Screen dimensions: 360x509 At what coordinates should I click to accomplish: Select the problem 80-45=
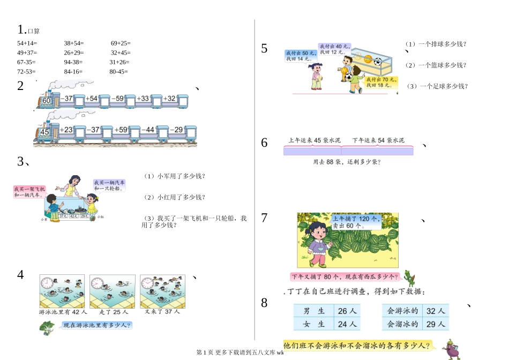pyautogui.click(x=118, y=71)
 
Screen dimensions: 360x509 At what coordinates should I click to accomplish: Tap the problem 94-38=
pyautogui.click(x=73, y=62)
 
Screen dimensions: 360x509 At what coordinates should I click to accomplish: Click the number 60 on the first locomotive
pyautogui.click(x=46, y=101)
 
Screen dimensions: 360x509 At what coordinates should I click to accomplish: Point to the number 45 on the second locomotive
pyautogui.click(x=45, y=132)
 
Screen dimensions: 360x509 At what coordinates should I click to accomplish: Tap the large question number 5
pyautogui.click(x=264, y=49)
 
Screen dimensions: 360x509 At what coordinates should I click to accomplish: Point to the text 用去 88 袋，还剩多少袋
pyautogui.click(x=350, y=161)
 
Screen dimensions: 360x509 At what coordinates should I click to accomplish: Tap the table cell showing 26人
pyautogui.click(x=347, y=311)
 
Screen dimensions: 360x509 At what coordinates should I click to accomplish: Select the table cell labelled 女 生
pyautogui.click(x=314, y=324)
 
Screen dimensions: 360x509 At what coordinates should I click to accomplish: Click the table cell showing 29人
pyautogui.click(x=435, y=324)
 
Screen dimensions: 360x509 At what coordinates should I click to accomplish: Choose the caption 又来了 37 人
pyautogui.click(x=162, y=312)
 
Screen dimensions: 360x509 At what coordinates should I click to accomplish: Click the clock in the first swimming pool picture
pyautogui.click(x=47, y=282)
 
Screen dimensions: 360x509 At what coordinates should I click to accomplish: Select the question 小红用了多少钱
pyautogui.click(x=175, y=197)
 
